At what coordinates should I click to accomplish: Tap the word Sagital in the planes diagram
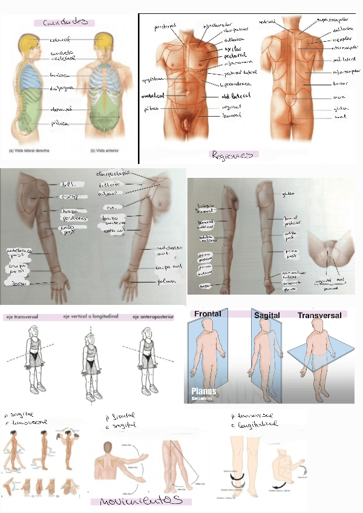click(267, 316)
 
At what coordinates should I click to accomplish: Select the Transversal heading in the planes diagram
click(319, 315)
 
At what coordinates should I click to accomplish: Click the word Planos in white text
click(203, 391)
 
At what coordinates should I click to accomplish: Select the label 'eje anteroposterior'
click(152, 316)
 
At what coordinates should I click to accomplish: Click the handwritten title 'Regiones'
click(232, 154)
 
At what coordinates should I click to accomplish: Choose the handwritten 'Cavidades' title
click(65, 22)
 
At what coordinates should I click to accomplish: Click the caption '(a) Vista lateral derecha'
click(30, 149)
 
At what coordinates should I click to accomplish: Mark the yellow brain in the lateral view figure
click(27, 42)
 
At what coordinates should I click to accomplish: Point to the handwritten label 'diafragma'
click(61, 88)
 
